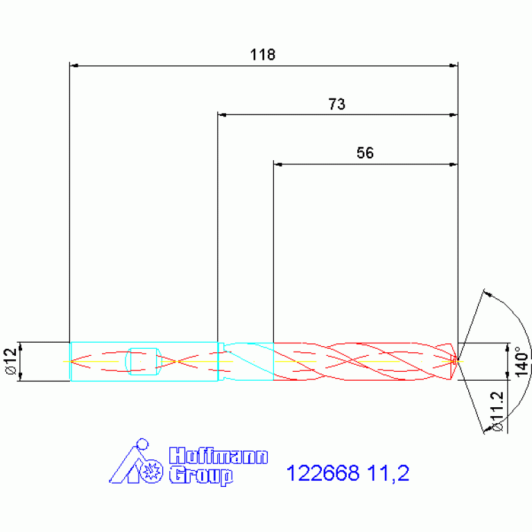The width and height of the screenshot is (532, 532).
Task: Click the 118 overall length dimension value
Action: coord(263,55)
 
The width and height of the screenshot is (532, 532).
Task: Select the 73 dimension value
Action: coord(337,104)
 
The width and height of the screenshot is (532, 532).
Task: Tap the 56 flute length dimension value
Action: coord(365,153)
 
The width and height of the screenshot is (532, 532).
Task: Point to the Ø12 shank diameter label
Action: coord(11,361)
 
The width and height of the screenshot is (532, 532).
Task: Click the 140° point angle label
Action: coord(522,361)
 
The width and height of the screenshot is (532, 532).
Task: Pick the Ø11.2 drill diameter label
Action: coord(497,411)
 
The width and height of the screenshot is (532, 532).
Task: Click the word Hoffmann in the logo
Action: coord(218,456)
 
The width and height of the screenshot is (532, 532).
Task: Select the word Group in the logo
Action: coord(201,476)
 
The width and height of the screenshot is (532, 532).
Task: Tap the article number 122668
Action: coord(323,472)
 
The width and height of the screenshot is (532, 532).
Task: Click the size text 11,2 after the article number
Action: coord(388,473)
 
